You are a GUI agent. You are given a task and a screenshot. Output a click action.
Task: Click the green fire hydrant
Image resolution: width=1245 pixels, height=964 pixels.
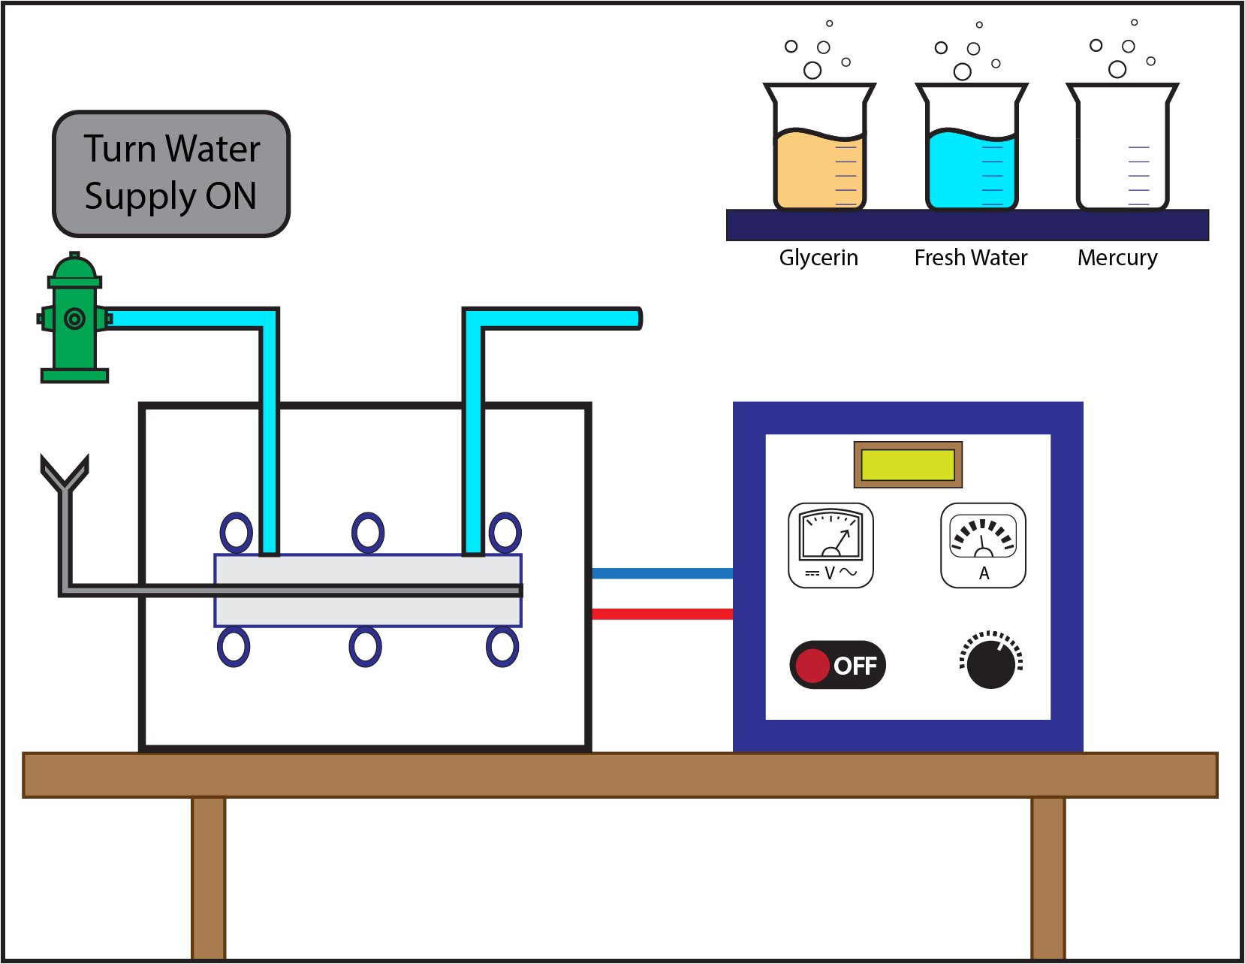pyautogui.click(x=74, y=319)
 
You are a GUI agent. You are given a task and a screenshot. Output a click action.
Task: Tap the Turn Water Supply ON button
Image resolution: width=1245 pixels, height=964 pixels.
pyautogui.click(x=171, y=174)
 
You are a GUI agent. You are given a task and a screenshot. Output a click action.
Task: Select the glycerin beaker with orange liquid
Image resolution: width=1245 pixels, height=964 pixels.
pyautogui.click(x=819, y=150)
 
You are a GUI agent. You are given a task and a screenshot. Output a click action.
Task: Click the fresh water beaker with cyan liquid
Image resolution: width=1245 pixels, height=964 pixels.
pyautogui.click(x=971, y=150)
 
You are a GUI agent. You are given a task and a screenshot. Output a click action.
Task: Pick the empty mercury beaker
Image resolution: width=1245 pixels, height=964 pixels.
pyautogui.click(x=1122, y=150)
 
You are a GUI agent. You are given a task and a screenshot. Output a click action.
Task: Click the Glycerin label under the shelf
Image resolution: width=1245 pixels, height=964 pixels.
pyautogui.click(x=818, y=258)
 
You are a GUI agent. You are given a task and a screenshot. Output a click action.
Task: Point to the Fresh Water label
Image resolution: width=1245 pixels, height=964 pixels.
pyautogui.click(x=971, y=258)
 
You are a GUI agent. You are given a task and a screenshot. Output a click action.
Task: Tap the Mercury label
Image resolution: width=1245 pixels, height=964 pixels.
pyautogui.click(x=1117, y=258)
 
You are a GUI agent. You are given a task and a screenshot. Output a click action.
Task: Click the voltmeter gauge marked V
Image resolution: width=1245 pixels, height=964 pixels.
pyautogui.click(x=831, y=545)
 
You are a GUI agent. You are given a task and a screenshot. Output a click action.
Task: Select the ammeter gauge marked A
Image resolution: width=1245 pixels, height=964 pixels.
pyautogui.click(x=983, y=545)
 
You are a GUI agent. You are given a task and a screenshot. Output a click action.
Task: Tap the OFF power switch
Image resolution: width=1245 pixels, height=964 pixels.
pyautogui.click(x=837, y=665)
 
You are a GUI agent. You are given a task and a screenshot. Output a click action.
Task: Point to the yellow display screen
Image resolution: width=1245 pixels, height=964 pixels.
pyautogui.click(x=908, y=464)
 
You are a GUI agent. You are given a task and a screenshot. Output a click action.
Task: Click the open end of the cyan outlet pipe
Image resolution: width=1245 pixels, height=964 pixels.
pyautogui.click(x=636, y=319)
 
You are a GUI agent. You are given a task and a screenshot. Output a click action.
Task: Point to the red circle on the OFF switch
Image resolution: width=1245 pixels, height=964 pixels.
pyautogui.click(x=812, y=666)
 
